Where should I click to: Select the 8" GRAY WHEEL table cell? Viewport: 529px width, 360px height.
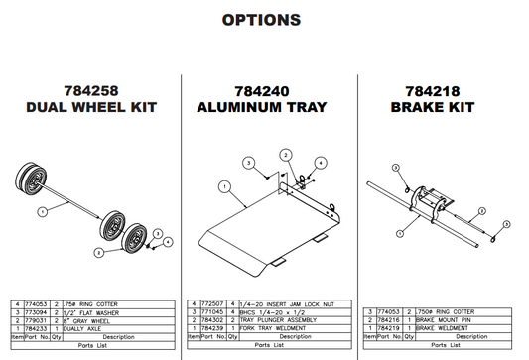90,320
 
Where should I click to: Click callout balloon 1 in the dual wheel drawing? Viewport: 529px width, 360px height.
43,211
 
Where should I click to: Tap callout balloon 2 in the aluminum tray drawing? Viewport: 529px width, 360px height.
285,156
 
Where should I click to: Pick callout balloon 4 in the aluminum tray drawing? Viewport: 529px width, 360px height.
322,162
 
